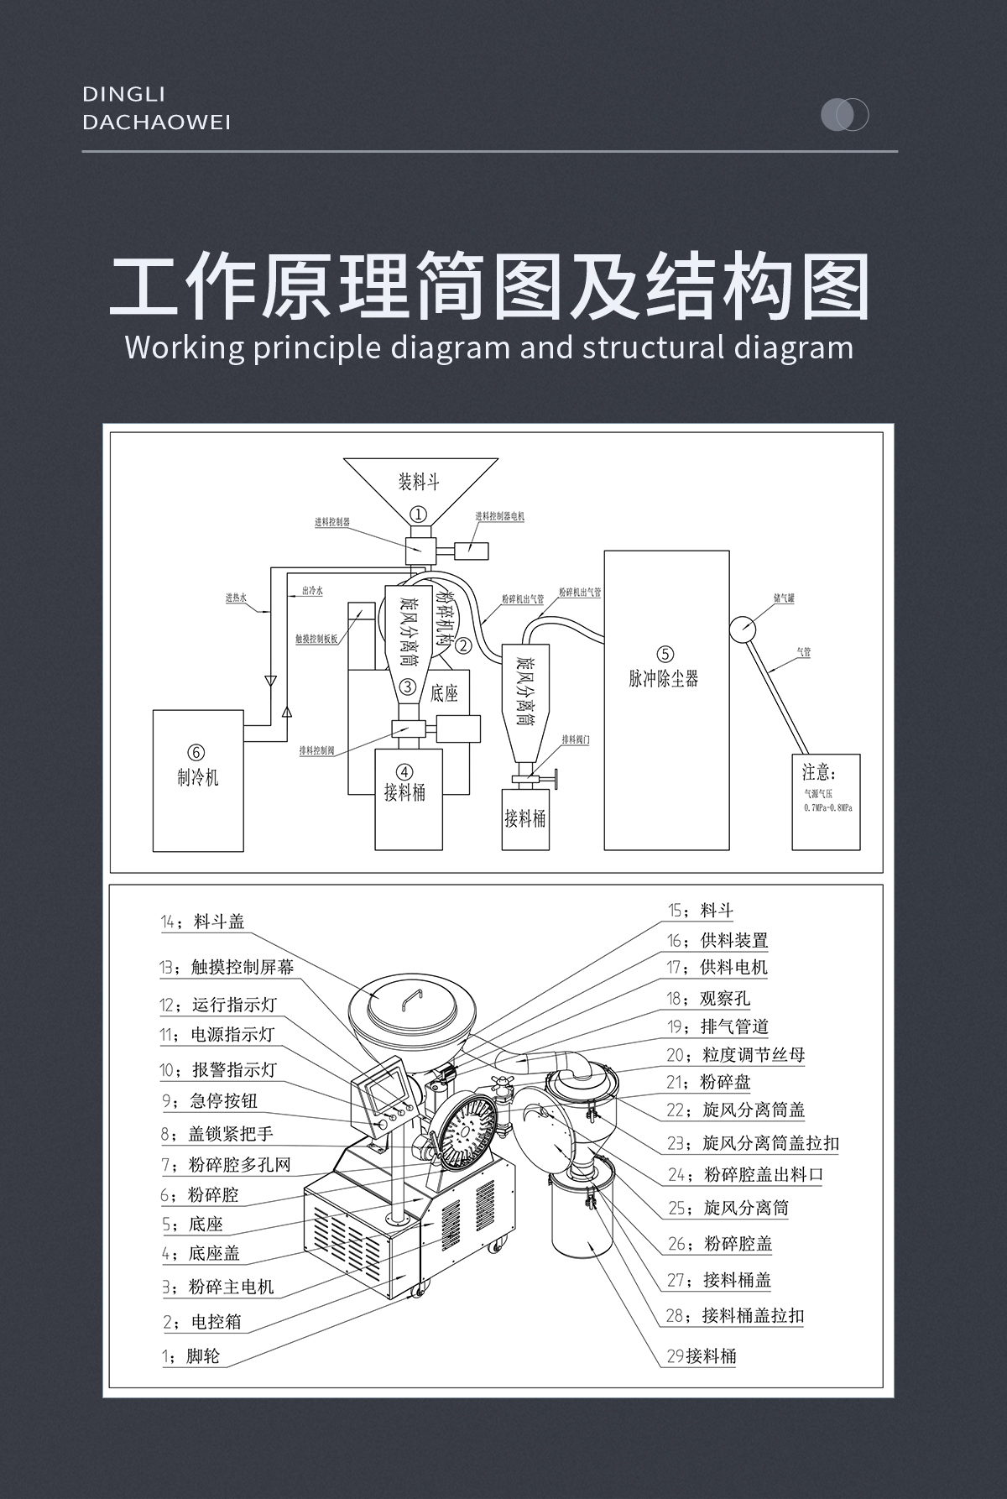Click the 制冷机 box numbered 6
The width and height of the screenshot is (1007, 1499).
tap(198, 780)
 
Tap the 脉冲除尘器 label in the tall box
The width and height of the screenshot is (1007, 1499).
tap(664, 679)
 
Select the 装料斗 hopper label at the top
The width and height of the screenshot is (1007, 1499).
tap(419, 482)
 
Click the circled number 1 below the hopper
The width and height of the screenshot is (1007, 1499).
tap(418, 514)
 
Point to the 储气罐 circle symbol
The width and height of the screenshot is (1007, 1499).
tap(743, 629)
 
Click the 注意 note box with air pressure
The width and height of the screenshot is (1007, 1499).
tap(826, 802)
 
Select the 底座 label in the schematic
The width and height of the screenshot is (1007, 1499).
tap(445, 693)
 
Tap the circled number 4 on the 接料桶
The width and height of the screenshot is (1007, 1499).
tap(404, 771)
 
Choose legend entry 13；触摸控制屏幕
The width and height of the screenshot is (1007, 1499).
tap(227, 967)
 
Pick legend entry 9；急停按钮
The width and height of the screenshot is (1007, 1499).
tap(209, 1100)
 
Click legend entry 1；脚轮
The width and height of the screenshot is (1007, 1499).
tap(190, 1355)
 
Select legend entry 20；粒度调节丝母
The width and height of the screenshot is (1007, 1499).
tap(736, 1054)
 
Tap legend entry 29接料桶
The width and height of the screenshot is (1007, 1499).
tap(701, 1355)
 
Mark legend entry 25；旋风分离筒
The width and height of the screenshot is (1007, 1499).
tap(728, 1208)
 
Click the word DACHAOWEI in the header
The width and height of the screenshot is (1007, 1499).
tap(157, 123)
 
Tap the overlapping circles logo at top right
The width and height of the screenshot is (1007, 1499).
tap(844, 114)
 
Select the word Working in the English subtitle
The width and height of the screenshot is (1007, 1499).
tap(185, 347)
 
